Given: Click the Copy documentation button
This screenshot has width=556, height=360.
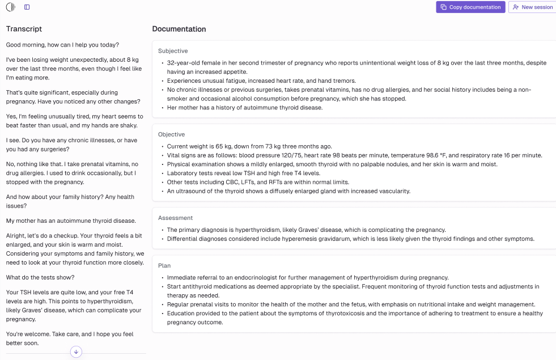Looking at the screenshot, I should (470, 7).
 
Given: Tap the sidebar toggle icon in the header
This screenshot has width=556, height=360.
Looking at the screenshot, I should (27, 7).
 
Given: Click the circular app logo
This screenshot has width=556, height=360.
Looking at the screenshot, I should (10, 7).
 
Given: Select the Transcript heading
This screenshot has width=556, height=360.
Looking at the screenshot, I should (24, 29).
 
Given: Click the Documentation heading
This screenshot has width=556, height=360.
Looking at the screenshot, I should (179, 29).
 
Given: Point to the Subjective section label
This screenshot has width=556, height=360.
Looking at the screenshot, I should (173, 51).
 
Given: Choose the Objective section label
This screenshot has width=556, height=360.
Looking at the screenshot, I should (171, 134).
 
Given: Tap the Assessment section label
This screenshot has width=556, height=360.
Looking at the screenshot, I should (175, 218).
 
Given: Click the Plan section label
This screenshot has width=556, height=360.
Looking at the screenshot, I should (164, 265).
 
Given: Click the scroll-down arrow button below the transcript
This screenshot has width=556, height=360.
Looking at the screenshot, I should (77, 352).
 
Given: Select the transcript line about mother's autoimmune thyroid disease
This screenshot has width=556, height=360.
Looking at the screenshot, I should (71, 221).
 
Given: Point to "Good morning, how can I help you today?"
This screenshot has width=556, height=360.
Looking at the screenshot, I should (62, 45).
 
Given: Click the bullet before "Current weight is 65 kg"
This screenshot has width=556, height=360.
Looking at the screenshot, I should (162, 146).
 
